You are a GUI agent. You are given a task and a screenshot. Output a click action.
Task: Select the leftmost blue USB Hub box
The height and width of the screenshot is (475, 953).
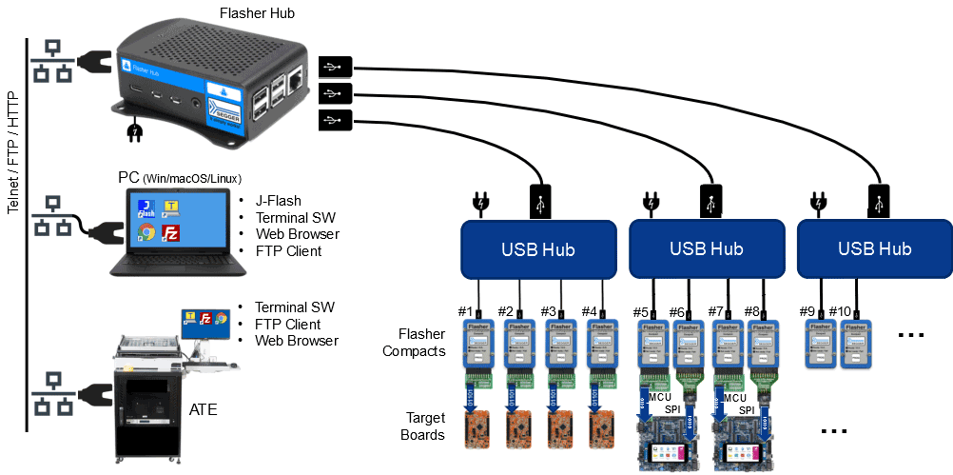[539, 249]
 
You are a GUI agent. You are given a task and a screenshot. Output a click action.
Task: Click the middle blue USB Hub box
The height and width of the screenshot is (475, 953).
[707, 249]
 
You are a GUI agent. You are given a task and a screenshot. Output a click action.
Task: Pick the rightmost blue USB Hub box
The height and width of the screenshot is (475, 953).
[874, 249]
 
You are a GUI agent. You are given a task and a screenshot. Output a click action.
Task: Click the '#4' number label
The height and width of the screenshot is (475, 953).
[589, 310]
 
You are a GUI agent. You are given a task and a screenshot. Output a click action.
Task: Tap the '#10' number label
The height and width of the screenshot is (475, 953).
[839, 310]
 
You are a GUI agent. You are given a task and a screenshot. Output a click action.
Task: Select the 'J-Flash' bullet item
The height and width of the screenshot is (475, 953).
[279, 201]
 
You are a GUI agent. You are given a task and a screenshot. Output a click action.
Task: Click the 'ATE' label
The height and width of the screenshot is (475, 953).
[204, 410]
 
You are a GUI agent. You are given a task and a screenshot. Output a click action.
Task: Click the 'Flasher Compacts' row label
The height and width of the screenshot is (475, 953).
[414, 343]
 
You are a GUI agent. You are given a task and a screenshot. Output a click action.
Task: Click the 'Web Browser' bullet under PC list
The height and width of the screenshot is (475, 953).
[297, 234]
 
